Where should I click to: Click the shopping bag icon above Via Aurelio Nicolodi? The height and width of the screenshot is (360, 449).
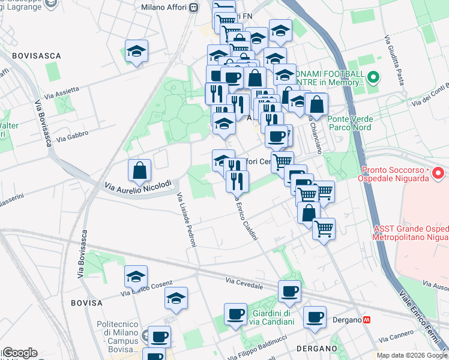(x=139, y=171)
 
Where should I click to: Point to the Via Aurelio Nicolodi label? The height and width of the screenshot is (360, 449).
(x=138, y=185)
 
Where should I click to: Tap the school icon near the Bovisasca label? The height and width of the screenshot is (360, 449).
(x=136, y=52)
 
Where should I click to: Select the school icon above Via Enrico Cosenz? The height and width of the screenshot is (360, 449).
(x=136, y=277)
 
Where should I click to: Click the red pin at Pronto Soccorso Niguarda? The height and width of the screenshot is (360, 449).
(x=438, y=174)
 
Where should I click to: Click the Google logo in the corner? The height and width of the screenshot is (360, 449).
(x=19, y=353)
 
